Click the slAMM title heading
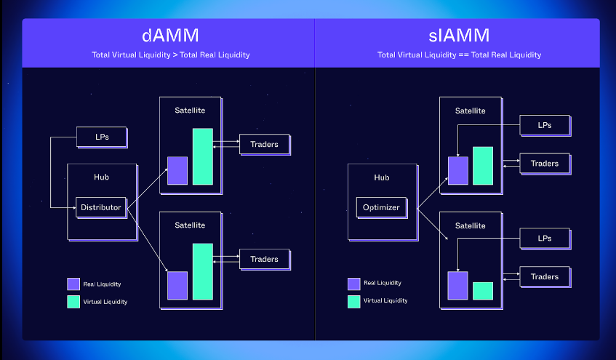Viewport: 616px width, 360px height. coord(459,36)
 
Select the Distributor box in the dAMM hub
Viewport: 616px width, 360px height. coord(101,207)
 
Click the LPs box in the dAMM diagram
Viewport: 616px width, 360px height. coord(101,136)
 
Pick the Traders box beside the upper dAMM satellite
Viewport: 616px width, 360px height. coord(264,144)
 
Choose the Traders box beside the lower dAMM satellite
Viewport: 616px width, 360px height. coord(264,259)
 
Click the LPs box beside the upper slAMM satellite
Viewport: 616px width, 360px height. coord(544,125)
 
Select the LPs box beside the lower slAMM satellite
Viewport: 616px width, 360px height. coord(544,238)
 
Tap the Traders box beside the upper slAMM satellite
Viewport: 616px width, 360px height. coord(544,164)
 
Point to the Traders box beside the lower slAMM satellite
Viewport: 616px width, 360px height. coord(544,276)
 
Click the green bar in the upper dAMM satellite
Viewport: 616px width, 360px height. coord(202,156)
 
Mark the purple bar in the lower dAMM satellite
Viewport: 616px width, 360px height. coord(177,285)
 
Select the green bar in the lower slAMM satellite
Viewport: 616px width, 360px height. coord(483,291)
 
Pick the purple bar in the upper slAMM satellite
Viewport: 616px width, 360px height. coord(458,170)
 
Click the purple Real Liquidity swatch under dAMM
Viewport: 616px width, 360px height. coord(73,284)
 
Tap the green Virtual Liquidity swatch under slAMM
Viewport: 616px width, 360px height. coord(353,301)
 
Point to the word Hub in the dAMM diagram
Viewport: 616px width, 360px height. coord(101,177)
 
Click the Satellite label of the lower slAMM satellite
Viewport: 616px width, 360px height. coord(470,225)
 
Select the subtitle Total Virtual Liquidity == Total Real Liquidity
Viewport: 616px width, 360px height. coord(459,55)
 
